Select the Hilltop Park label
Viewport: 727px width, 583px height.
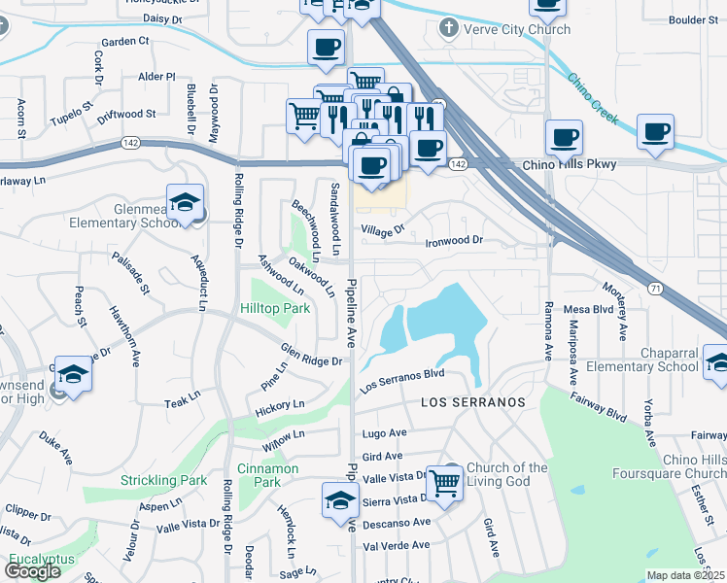pyautogui.click(x=275, y=308)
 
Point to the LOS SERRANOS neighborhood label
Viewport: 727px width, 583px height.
pyautogui.click(x=473, y=401)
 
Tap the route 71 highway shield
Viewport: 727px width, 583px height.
pyautogui.click(x=655, y=288)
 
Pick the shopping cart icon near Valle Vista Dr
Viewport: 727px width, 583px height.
pyautogui.click(x=444, y=481)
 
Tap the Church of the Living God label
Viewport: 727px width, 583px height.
pyautogui.click(x=506, y=474)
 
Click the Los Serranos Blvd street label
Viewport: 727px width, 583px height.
pyautogui.click(x=402, y=379)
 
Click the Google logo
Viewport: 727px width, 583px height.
pyautogui.click(x=32, y=571)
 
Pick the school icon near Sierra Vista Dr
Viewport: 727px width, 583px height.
pyautogui.click(x=339, y=501)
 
